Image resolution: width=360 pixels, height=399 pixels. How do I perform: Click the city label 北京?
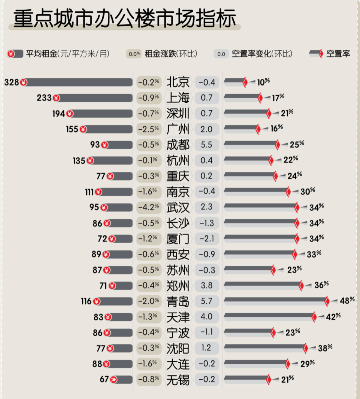tap(178, 82)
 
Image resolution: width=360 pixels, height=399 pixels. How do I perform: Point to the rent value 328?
tap(11, 82)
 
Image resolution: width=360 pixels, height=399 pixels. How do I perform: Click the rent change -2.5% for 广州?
tap(149, 129)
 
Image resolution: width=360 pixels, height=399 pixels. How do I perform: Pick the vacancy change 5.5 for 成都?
tap(207, 145)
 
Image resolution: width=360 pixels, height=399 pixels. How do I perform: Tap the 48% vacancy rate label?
tap(347, 300)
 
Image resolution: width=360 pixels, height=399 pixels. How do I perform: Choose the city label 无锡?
tap(178, 379)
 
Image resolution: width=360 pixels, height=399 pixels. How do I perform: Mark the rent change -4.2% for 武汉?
tap(149, 207)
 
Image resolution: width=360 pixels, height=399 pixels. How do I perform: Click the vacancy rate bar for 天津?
tap(268, 316)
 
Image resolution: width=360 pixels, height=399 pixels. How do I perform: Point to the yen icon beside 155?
tap(83, 129)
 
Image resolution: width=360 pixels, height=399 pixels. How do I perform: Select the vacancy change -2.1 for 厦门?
tap(207, 238)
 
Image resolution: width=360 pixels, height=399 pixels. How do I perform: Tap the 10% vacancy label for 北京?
tap(263, 82)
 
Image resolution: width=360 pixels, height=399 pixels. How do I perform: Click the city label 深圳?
tap(178, 113)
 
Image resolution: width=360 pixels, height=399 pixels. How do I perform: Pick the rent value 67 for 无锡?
tap(104, 379)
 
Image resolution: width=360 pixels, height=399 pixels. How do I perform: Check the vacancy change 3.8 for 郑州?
tap(207, 285)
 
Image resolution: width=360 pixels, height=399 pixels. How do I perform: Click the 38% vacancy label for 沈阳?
tap(325, 348)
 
